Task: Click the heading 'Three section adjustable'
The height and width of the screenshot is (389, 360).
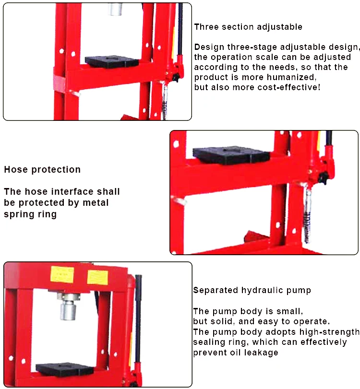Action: [248, 27]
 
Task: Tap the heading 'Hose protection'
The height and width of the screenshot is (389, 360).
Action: [42, 169]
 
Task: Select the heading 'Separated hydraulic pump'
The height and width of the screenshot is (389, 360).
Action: [252, 290]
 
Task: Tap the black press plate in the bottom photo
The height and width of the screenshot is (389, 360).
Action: [65, 369]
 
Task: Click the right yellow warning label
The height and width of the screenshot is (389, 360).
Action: [97, 277]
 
